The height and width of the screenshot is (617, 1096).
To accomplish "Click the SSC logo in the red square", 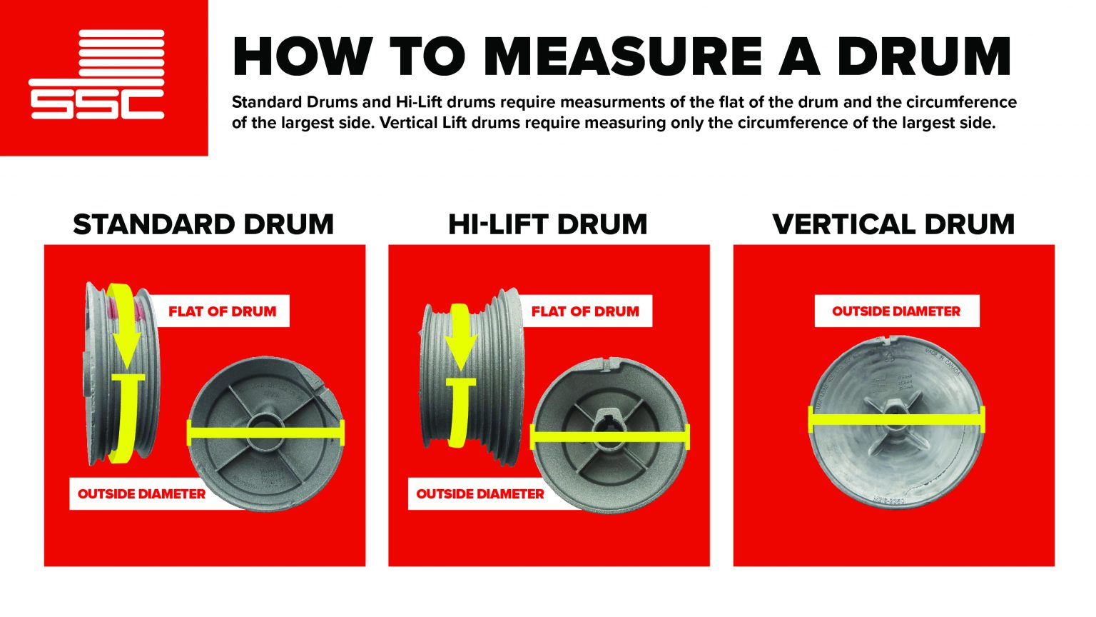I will point(97,74).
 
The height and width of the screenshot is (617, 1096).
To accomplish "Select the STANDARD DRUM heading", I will point(203,224).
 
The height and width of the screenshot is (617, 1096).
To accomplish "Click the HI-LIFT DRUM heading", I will point(547,224).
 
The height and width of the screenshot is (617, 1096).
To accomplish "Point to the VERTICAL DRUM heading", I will point(893,224).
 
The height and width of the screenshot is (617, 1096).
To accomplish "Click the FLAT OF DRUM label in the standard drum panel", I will point(222,311).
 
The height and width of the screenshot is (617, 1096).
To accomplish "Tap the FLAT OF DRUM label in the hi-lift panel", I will point(585,311).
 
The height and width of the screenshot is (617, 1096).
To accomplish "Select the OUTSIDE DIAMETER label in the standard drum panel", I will point(141,494).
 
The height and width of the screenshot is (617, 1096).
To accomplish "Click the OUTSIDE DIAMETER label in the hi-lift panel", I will point(479,494).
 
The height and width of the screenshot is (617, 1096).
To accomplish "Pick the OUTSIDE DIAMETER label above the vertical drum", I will point(896,311).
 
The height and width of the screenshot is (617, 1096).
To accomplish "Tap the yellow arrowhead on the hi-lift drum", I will point(460,353).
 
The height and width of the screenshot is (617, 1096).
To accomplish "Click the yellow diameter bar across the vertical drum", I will point(896,419).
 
